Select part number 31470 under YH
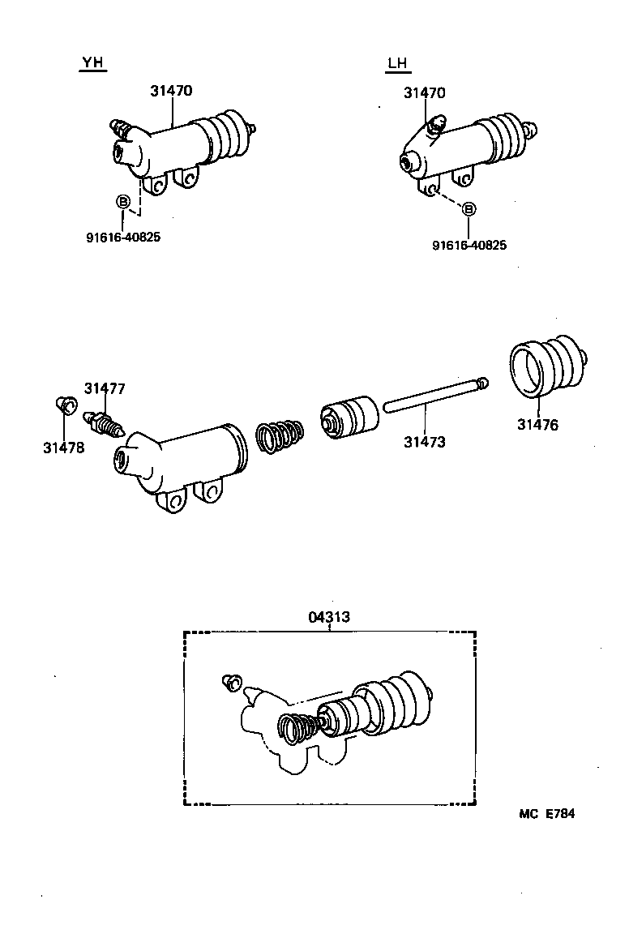[171, 91]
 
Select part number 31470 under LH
[425, 93]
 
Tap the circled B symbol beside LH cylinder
[469, 209]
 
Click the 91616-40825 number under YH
[123, 238]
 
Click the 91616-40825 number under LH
[469, 245]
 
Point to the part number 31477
[104, 388]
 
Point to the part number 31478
[63, 446]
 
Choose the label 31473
[425, 442]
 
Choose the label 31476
[538, 424]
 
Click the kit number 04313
[329, 617]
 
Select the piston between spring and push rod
[349, 417]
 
